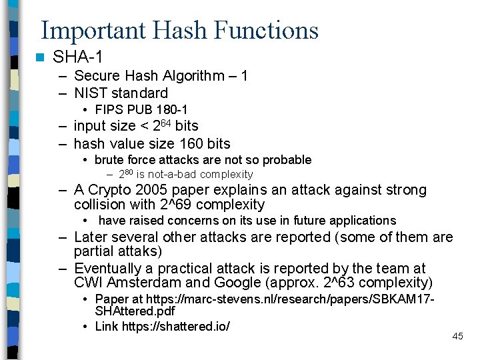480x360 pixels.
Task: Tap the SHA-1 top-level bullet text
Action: click(x=77, y=57)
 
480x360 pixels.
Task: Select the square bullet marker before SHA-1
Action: click(x=41, y=57)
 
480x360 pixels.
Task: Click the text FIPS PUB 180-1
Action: click(x=141, y=109)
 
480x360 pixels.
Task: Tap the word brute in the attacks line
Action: click(x=108, y=160)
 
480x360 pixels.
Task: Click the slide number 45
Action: click(x=457, y=336)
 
